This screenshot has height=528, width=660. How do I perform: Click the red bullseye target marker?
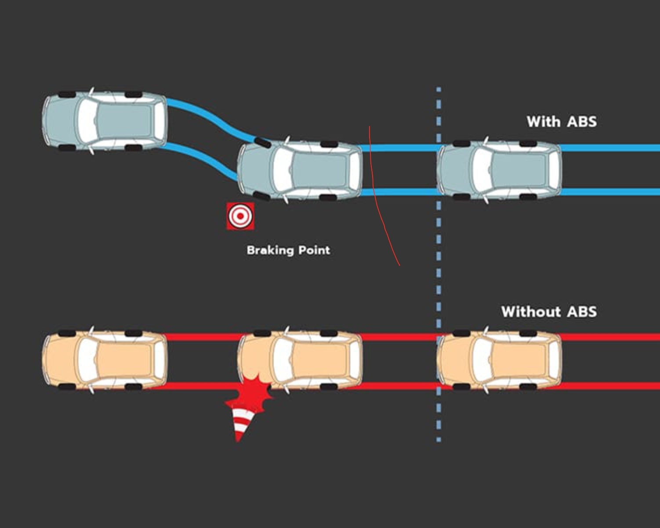pos(240,216)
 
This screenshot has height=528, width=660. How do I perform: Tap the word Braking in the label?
pos(270,250)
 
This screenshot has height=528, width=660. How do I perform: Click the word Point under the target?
pos(314,250)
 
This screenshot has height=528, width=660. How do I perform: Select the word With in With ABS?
pos(543,121)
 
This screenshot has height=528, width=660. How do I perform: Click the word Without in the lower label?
pos(531,312)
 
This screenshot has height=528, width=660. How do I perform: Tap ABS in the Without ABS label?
pos(582,312)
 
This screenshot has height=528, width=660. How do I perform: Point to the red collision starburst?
pos(253,392)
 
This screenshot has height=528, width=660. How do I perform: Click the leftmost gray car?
pos(105,121)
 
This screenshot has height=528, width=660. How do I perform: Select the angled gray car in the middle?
pos(300,170)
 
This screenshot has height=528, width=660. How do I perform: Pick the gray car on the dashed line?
pos(499,169)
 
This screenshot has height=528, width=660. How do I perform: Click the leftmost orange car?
pos(105,359)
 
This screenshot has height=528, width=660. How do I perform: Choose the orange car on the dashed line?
pos(499,359)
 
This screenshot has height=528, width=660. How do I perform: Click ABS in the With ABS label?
pos(582,121)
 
